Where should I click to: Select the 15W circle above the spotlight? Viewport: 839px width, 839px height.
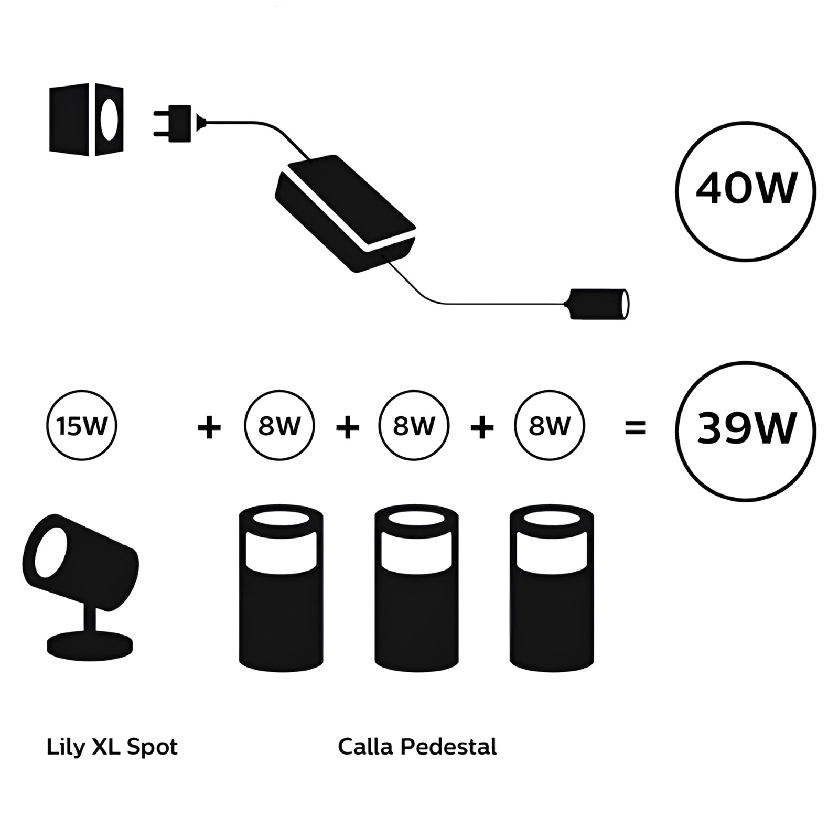(82, 426)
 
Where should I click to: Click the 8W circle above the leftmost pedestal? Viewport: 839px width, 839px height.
(279, 426)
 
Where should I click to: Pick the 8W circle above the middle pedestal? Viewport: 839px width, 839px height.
(414, 426)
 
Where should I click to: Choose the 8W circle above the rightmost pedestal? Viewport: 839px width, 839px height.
(550, 426)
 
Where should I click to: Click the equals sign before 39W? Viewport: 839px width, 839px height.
(635, 427)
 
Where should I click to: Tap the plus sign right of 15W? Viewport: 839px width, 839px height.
(209, 427)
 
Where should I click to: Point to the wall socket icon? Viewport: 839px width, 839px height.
(86, 119)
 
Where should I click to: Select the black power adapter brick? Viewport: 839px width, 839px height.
(346, 212)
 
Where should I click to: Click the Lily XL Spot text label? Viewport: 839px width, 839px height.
(112, 747)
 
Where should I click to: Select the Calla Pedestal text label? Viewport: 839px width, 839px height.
(417, 747)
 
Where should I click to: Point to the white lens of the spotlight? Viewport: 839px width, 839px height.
(50, 551)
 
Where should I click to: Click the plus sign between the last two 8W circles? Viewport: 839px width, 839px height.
(482, 427)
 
